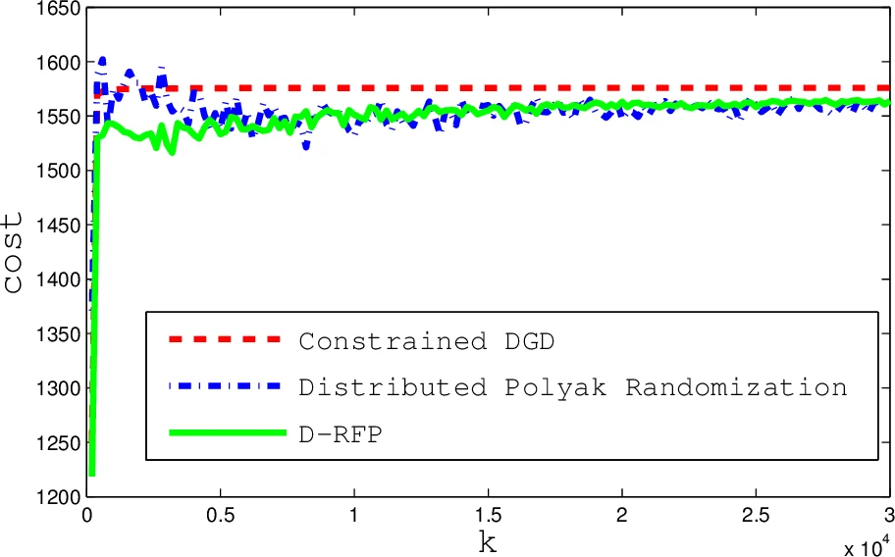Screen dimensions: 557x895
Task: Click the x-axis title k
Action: pos(488,542)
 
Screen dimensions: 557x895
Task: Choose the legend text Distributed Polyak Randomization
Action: pos(572,387)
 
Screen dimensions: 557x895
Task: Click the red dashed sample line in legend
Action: pos(224,339)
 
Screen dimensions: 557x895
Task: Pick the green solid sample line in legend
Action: pos(224,433)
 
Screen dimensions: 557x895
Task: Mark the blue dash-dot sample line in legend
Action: pos(224,386)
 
